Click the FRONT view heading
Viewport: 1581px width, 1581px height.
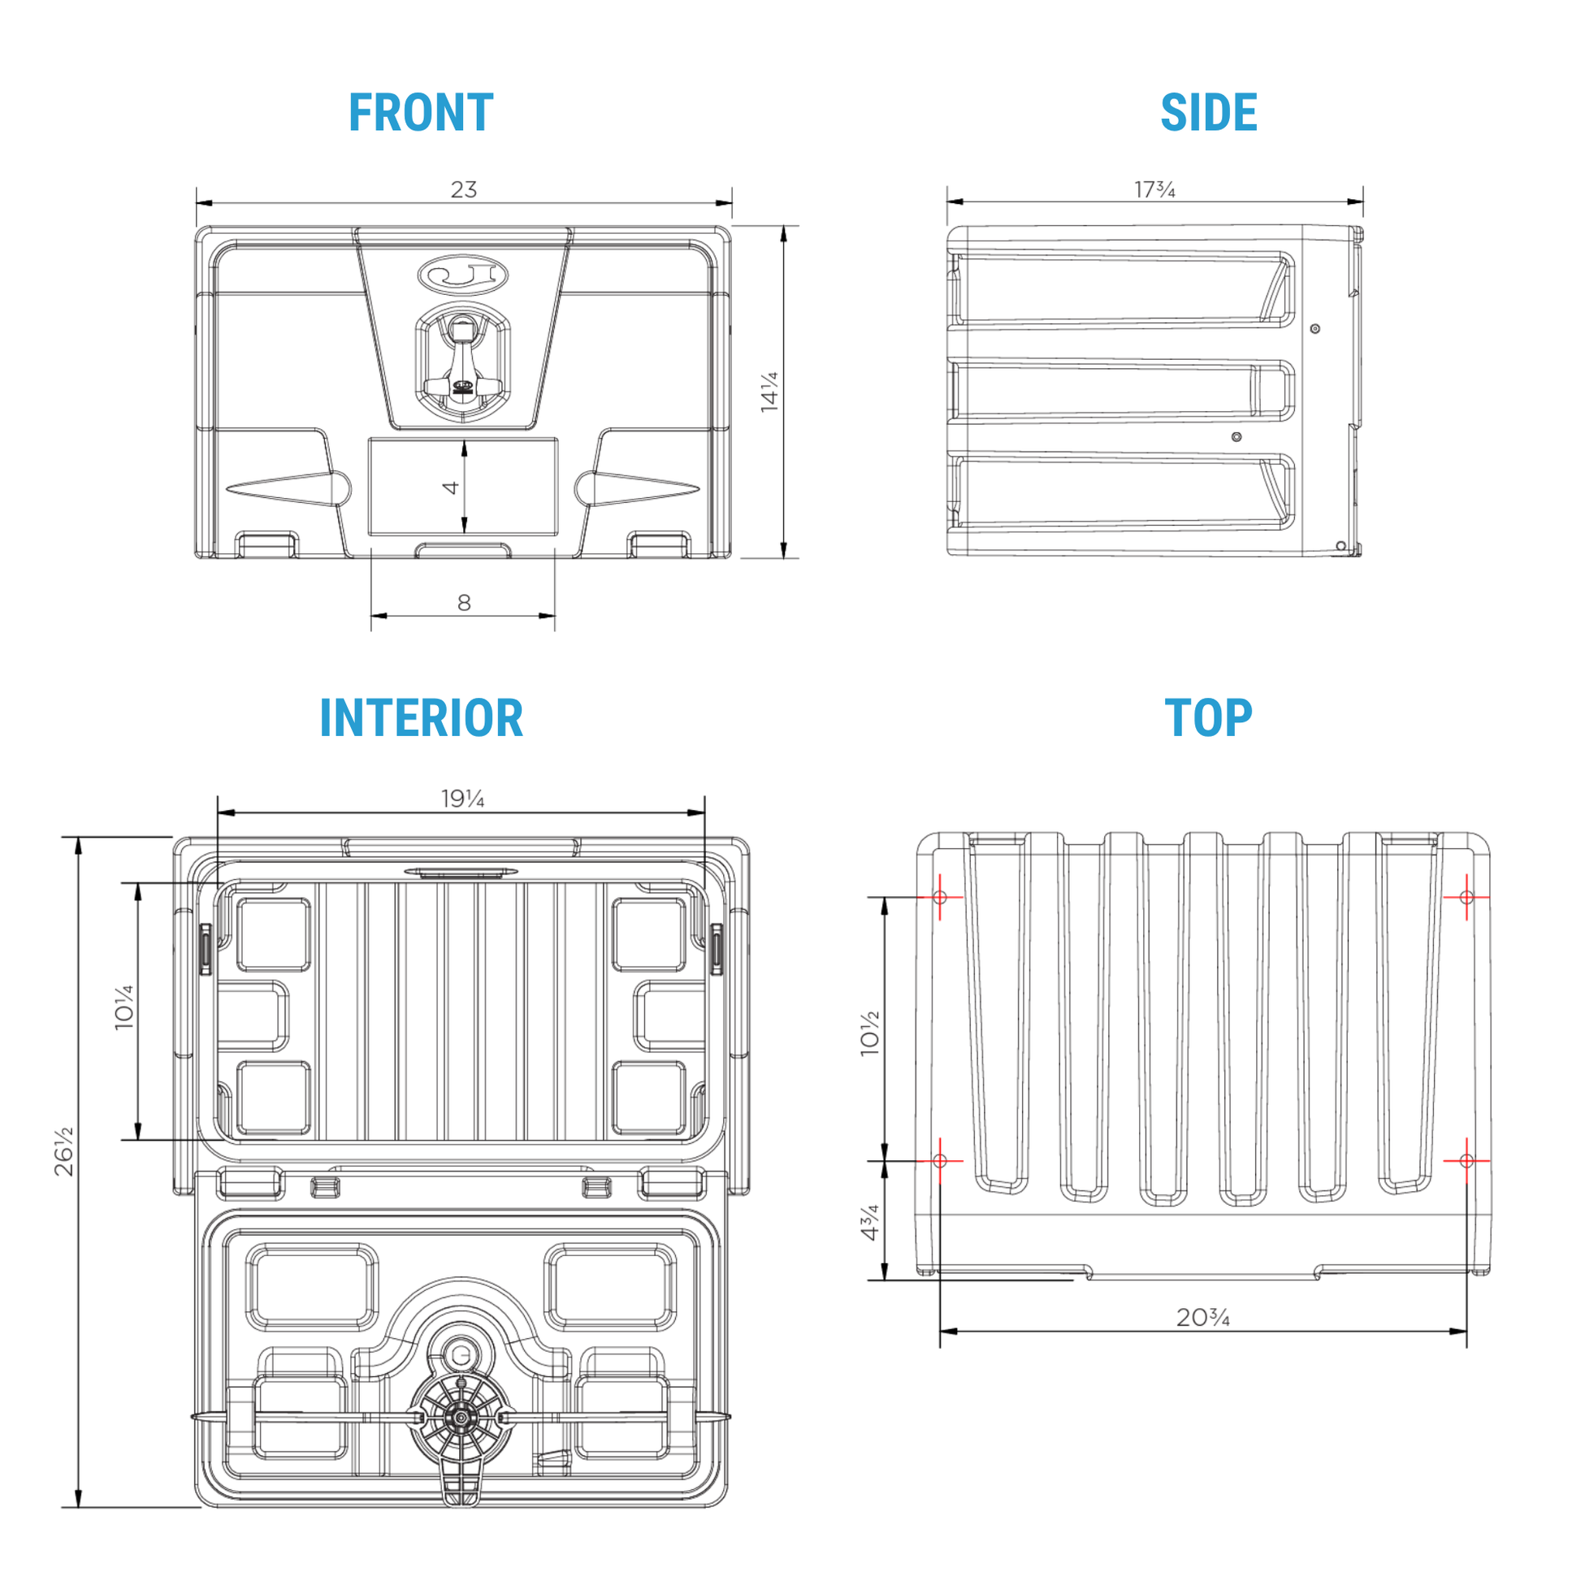click(421, 112)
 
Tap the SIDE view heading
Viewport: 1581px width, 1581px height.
click(1209, 112)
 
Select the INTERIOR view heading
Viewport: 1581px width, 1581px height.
click(421, 717)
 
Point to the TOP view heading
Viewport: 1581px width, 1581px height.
click(1209, 717)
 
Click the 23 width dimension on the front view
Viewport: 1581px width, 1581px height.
click(463, 189)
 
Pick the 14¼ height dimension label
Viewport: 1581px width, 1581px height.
click(769, 391)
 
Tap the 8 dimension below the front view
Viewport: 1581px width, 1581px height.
click(464, 602)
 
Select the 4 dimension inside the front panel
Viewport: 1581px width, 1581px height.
click(451, 487)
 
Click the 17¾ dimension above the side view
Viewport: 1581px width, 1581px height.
click(1154, 189)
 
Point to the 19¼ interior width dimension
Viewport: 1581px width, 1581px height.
click(462, 798)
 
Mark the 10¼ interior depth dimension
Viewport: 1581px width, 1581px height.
click(123, 1007)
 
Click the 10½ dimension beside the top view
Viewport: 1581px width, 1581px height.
click(870, 1033)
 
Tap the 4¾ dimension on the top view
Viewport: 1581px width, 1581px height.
click(870, 1222)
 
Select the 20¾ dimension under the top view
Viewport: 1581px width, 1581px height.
click(1203, 1318)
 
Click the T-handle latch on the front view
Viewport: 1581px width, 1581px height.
click(462, 360)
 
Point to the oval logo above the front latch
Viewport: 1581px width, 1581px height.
click(462, 275)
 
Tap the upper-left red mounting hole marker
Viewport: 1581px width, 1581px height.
click(939, 897)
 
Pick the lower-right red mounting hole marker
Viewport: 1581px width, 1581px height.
click(1466, 1160)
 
